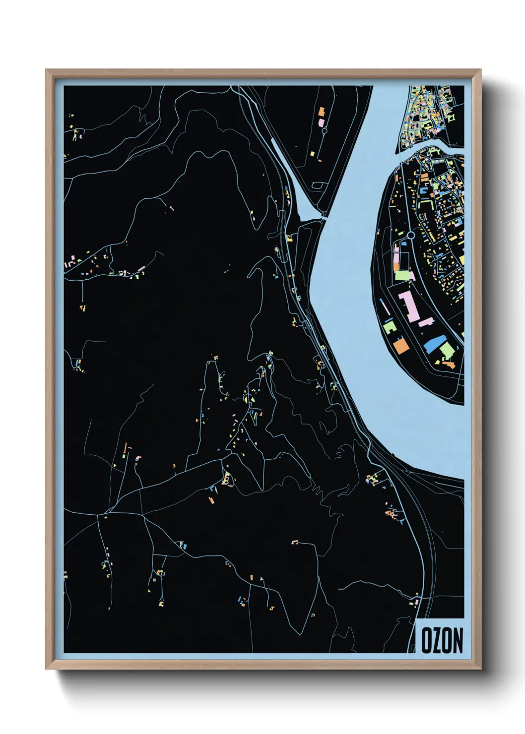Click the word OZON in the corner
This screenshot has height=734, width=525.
(442, 640)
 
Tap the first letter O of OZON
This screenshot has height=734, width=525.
(427, 640)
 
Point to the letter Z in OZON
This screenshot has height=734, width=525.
(437, 640)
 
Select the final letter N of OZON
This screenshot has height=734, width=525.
(457, 640)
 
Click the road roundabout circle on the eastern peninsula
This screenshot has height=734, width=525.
(410, 235)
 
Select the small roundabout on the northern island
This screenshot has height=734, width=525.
(325, 131)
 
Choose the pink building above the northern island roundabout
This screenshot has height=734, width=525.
(321, 122)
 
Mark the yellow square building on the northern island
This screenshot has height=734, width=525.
(313, 153)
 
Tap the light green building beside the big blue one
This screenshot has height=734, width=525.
(447, 351)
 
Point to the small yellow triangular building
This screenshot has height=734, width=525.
(437, 362)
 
